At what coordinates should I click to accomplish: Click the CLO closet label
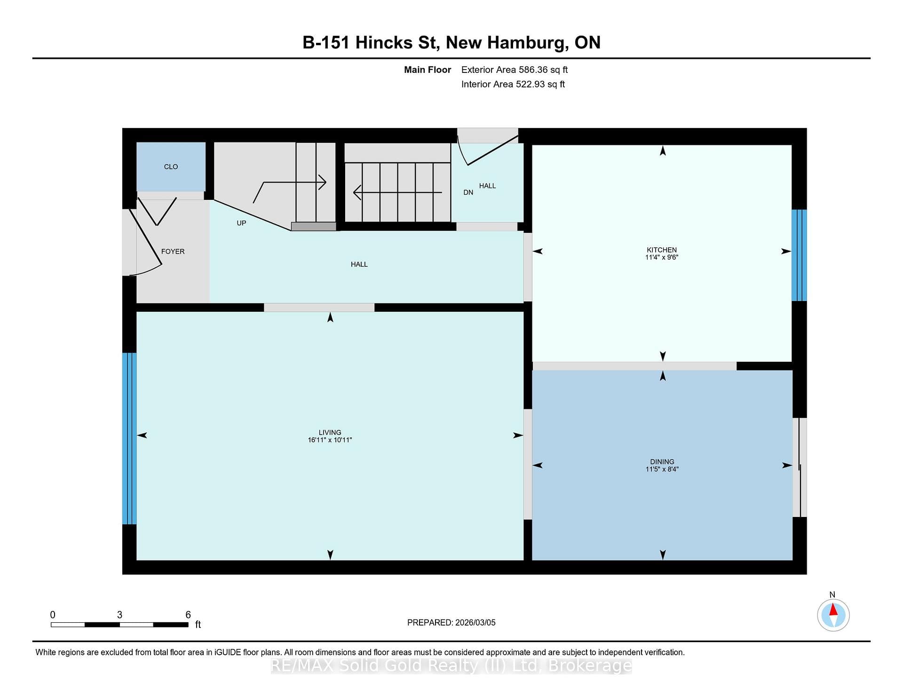click(171, 167)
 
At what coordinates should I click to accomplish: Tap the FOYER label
click(173, 252)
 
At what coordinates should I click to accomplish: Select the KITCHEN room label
click(662, 250)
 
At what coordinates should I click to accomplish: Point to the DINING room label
click(662, 462)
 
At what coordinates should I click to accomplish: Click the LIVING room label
click(330, 432)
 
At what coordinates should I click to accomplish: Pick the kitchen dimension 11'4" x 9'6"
click(662, 257)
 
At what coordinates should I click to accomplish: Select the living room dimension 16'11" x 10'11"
click(330, 440)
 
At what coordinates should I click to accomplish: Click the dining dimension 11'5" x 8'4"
click(662, 469)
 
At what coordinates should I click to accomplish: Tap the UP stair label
click(241, 223)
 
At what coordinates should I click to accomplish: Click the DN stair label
click(468, 192)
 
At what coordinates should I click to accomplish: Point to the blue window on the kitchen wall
click(799, 255)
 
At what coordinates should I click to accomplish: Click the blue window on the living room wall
click(129, 438)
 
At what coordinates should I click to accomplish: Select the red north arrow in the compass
click(833, 610)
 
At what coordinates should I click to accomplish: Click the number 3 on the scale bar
click(119, 615)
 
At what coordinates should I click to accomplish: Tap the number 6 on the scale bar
click(188, 615)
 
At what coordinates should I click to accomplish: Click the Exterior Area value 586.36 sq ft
click(543, 70)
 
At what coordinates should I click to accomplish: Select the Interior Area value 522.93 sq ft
click(540, 84)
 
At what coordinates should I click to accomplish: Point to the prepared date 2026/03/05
click(475, 622)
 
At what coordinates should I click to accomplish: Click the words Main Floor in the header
click(428, 70)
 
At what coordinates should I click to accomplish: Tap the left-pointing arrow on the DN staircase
click(397, 192)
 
